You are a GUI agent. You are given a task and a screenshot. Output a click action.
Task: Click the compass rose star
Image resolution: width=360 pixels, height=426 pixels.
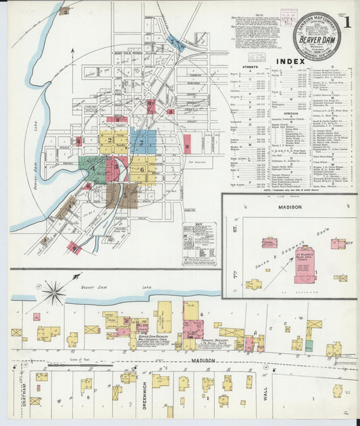coord(55,292)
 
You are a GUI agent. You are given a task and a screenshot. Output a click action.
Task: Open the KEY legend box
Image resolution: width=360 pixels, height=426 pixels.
coord(199,243)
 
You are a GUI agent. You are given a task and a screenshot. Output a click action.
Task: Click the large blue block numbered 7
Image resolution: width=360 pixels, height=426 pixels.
coord(144,143)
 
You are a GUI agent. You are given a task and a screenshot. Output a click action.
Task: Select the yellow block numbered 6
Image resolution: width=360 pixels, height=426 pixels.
coord(142,169)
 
